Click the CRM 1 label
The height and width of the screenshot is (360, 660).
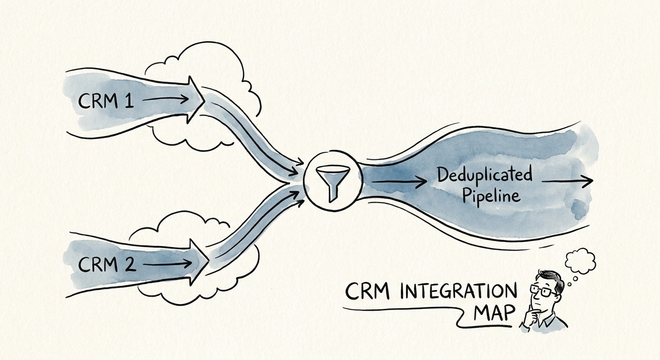(x=106, y=101)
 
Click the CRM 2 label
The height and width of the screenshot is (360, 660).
(x=107, y=265)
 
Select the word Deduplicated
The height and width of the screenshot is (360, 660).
(x=485, y=176)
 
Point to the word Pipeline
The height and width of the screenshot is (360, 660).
(x=491, y=195)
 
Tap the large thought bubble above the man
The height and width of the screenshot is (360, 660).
(x=580, y=261)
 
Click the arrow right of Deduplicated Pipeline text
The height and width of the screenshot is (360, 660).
(x=567, y=181)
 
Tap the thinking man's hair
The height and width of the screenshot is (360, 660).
(x=547, y=277)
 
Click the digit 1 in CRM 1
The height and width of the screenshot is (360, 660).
(x=128, y=100)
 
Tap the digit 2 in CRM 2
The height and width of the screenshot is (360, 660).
(x=129, y=265)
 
